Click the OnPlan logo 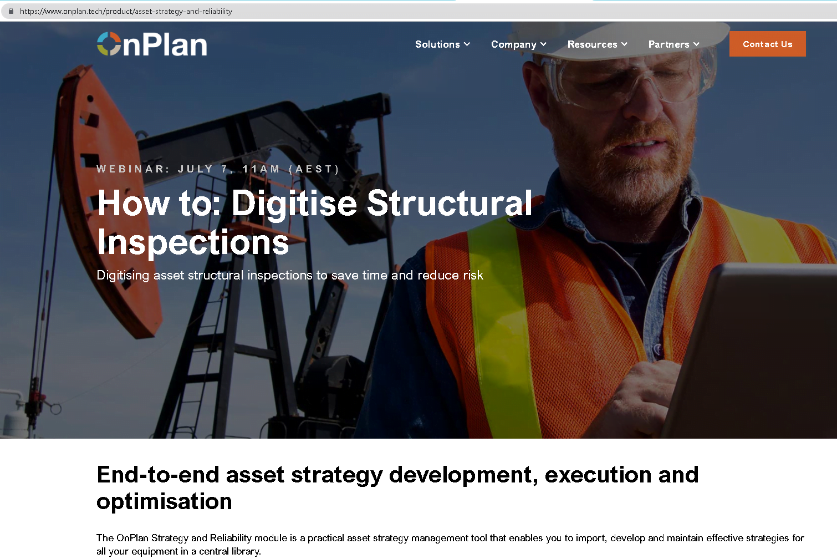tap(152, 44)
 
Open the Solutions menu tap(442, 44)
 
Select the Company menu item tap(518, 44)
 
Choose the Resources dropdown tap(597, 44)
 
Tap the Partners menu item tap(673, 44)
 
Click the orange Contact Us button tap(767, 44)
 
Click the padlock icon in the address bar tap(11, 11)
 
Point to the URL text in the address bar tap(126, 11)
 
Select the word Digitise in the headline tap(294, 204)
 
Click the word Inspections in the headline tap(193, 242)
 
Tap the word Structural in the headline tap(449, 204)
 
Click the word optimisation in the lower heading tap(164, 501)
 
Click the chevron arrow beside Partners tap(696, 44)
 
